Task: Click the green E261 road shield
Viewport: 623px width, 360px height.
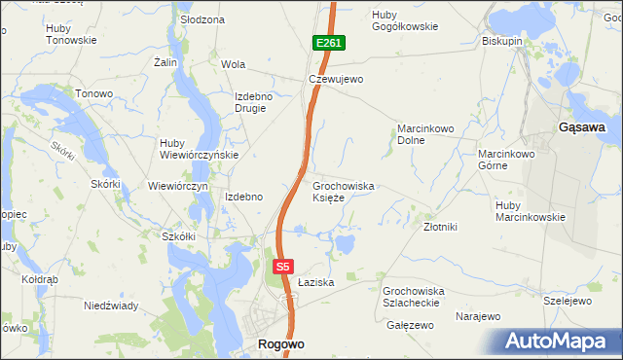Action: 328,44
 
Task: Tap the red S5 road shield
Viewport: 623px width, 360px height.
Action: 282,266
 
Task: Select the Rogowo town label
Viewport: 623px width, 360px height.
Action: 281,343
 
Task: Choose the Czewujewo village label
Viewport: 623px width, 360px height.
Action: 335,80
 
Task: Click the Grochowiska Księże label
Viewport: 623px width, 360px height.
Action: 343,192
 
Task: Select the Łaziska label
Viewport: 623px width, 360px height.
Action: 316,282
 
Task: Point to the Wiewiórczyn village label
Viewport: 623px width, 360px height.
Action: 178,186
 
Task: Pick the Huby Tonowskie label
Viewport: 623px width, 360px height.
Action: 70,35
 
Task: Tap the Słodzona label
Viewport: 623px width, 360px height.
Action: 202,19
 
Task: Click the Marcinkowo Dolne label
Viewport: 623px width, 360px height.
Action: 425,134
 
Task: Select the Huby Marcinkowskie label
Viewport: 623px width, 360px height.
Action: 530,211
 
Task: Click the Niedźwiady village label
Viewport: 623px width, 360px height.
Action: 109,306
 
